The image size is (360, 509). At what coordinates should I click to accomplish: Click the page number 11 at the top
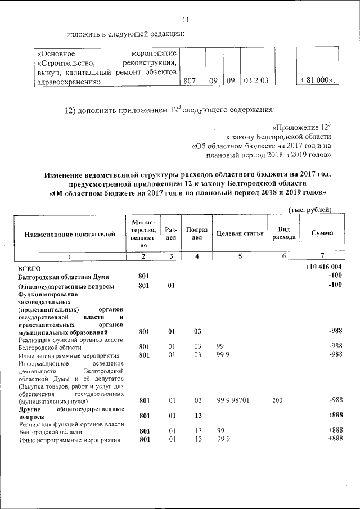click(x=186, y=21)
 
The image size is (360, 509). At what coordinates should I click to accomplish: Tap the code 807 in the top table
click(x=191, y=81)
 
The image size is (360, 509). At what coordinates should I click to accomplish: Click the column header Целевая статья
click(x=240, y=233)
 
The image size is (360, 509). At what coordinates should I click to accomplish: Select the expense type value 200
click(x=277, y=400)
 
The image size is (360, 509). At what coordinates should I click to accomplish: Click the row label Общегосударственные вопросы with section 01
click(x=66, y=286)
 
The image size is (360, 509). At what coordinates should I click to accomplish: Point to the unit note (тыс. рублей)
click(x=309, y=210)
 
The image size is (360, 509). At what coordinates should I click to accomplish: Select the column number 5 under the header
click(x=240, y=256)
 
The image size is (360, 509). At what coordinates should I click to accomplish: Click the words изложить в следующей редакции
click(x=126, y=34)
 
